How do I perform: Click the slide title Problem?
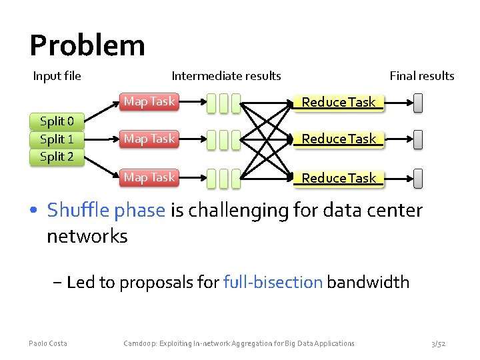point(87,45)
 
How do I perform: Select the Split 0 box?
point(57,121)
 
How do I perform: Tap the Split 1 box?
point(57,139)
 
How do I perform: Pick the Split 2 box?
point(57,157)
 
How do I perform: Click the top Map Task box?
point(149,101)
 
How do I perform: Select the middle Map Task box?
point(149,139)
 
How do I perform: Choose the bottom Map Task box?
point(149,177)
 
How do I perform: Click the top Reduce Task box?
point(339,102)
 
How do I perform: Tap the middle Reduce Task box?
point(339,139)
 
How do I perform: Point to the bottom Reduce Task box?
point(339,178)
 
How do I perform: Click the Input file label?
point(57,76)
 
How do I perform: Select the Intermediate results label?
point(226,76)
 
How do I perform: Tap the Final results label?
point(421,76)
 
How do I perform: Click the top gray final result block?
point(418,102)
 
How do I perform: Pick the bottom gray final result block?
point(418,178)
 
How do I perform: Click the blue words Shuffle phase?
point(106,211)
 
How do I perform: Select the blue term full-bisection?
point(273,282)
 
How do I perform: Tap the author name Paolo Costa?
point(48,343)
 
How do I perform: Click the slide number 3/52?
point(439,343)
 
